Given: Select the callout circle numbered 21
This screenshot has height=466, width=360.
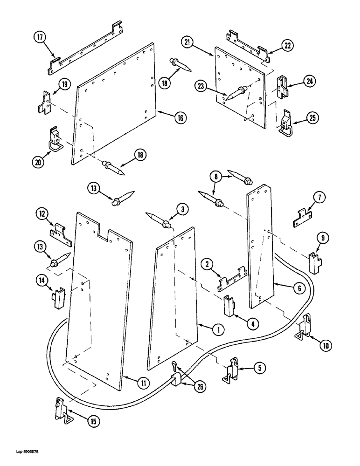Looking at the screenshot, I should point(188,43).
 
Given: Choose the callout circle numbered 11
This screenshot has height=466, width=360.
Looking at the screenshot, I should point(143,383).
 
